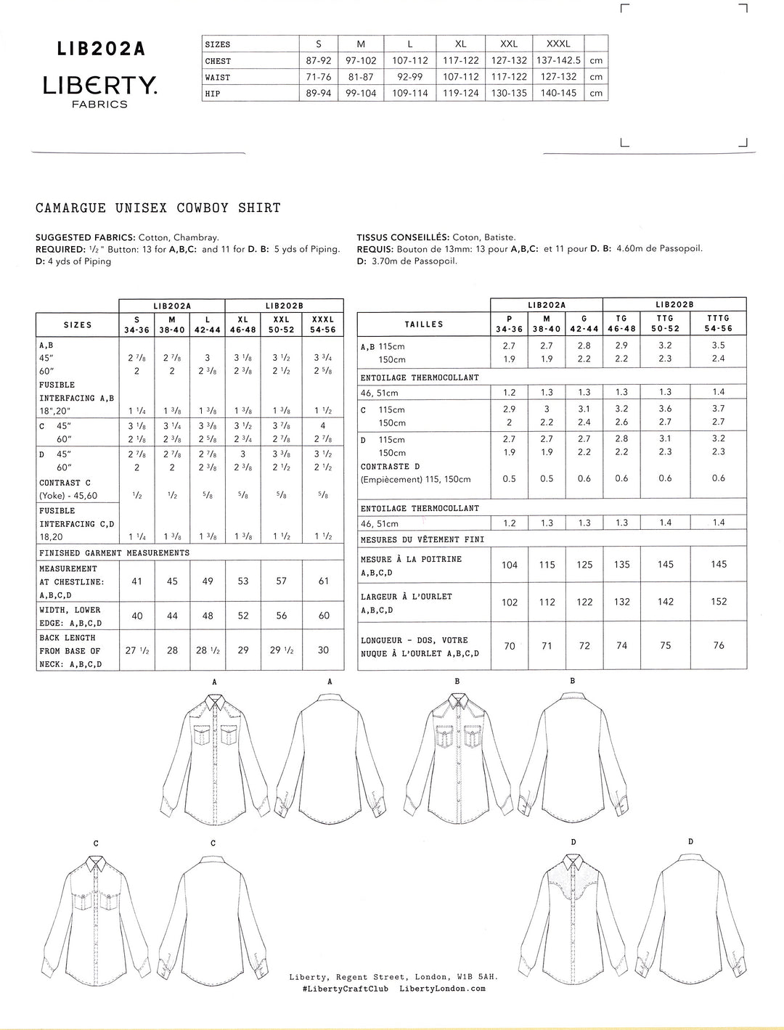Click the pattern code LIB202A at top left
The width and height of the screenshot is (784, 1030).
tap(102, 49)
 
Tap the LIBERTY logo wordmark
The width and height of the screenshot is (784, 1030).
tap(100, 86)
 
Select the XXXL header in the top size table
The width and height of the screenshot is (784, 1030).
tap(558, 44)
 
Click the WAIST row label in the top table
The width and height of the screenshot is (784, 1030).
tap(218, 78)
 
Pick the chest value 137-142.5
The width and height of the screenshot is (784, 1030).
tap(558, 61)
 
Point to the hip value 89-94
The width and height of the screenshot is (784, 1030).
tap(319, 94)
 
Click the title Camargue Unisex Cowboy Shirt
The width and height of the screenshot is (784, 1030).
tap(158, 208)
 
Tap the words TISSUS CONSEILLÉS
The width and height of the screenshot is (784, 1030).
tap(402, 237)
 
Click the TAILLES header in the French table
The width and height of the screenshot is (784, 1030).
tap(423, 324)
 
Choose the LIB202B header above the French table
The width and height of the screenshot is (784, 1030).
tap(674, 305)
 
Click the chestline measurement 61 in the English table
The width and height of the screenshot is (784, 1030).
tap(324, 581)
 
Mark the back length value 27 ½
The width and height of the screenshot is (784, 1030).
tap(136, 650)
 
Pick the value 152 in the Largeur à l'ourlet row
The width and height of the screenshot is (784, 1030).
tap(719, 602)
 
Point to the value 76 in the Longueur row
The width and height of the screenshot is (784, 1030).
tap(719, 645)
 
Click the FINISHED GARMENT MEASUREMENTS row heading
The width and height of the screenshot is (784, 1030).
tap(114, 553)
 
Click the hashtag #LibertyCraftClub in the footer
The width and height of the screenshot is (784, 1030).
tap(338, 989)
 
